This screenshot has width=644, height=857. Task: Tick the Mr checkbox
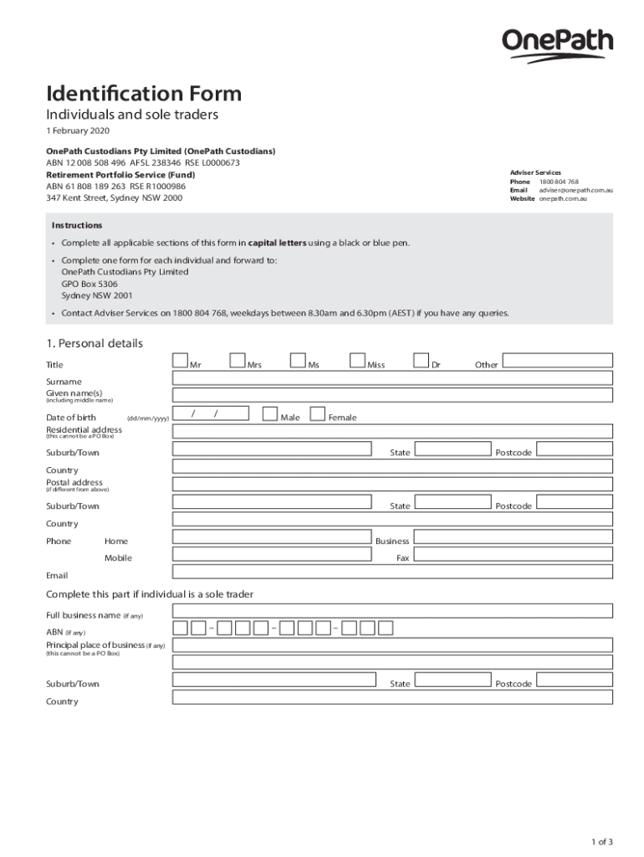pyautogui.click(x=180, y=361)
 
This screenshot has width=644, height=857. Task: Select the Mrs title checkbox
pyautogui.click(x=237, y=361)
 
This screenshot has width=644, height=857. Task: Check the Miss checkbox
pyautogui.click(x=357, y=361)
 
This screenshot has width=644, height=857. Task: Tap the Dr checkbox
pyautogui.click(x=421, y=361)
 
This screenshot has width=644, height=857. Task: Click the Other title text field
pyautogui.click(x=557, y=361)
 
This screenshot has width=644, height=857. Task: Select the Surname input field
pyautogui.click(x=392, y=378)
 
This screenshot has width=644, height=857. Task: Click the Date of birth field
pyautogui.click(x=211, y=413)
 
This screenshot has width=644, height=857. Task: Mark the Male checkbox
pyautogui.click(x=269, y=413)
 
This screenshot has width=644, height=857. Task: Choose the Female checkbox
pyautogui.click(x=318, y=413)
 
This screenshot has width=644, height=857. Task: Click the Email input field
pyautogui.click(x=392, y=572)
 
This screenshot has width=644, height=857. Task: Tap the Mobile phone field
pyautogui.click(x=272, y=555)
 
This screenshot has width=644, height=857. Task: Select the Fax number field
pyautogui.click(x=514, y=555)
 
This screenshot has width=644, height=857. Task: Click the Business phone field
pyautogui.click(x=514, y=537)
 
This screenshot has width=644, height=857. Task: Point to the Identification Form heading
pyautogui.click(x=144, y=94)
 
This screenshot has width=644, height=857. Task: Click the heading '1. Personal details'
pyautogui.click(x=95, y=343)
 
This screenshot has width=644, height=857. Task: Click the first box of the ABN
pyautogui.click(x=180, y=628)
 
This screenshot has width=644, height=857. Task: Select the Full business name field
pyautogui.click(x=392, y=610)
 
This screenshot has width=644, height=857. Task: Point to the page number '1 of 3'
pyautogui.click(x=601, y=842)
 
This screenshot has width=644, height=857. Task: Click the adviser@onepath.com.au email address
pyautogui.click(x=576, y=190)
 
